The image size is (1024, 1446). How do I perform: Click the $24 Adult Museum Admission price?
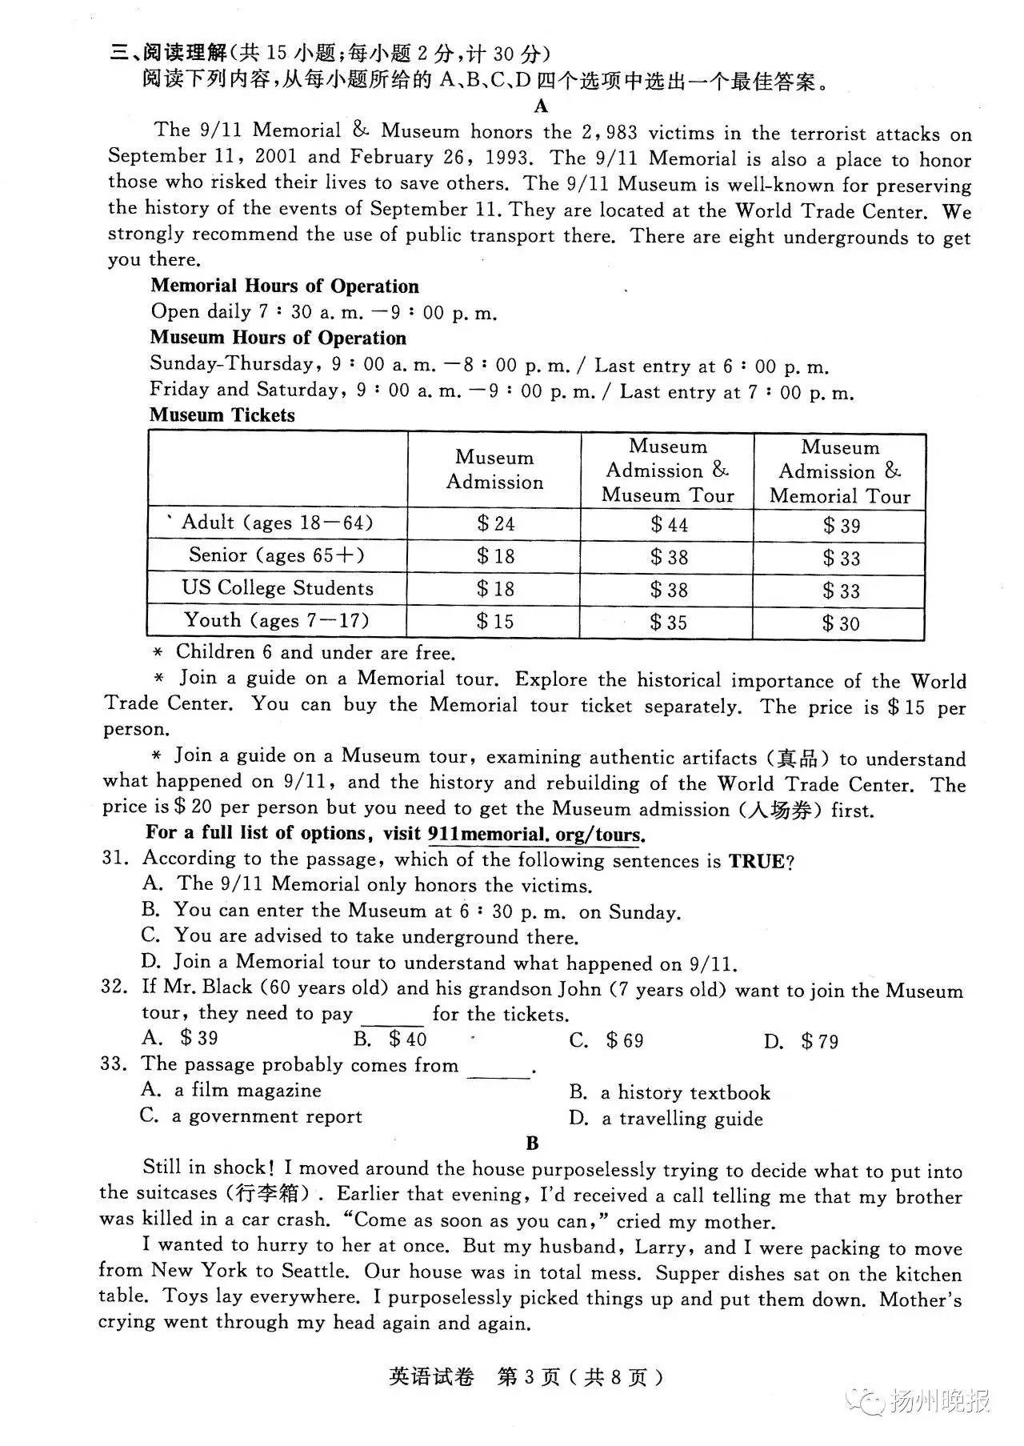[495, 523]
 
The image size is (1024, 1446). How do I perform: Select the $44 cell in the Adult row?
[668, 524]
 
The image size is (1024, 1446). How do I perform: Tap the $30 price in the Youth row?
[840, 623]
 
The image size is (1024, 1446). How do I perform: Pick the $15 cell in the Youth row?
[495, 621]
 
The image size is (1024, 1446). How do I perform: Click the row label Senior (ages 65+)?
[276, 555]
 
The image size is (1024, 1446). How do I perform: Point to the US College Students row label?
[277, 588]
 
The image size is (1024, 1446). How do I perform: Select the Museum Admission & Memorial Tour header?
[839, 471]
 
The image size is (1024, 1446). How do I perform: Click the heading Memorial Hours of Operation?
[284, 286]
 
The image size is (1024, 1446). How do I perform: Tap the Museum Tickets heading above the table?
[222, 415]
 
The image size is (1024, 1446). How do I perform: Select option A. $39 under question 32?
[179, 1038]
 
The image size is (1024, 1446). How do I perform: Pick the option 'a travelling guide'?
[666, 1119]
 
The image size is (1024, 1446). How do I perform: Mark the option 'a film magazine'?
[231, 1090]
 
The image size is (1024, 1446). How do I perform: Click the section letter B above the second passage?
[533, 1144]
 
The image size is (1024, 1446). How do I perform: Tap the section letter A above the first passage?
[542, 106]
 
